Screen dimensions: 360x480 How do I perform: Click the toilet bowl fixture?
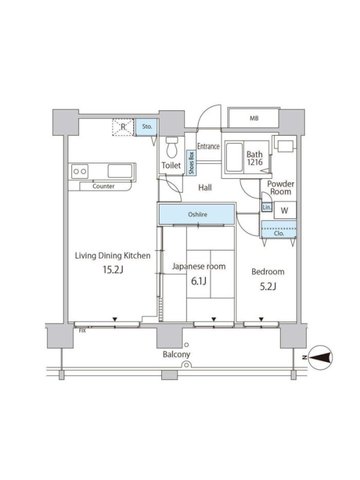point(172,148)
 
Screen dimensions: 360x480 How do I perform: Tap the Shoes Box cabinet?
point(191,163)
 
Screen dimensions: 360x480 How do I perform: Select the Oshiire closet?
point(197,214)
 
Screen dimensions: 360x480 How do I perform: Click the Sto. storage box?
point(146,127)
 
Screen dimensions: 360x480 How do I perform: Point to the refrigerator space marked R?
point(123,127)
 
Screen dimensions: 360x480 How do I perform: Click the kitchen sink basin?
point(120,171)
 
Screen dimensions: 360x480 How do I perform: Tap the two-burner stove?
point(80,171)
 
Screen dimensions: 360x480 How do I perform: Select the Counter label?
point(103,186)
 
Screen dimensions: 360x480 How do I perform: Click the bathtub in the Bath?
point(235,157)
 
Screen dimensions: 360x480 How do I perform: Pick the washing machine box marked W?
point(285,210)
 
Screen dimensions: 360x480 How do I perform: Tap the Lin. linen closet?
point(267,208)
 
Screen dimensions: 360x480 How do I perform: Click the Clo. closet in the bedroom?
point(278,229)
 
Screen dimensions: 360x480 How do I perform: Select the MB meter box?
point(254,118)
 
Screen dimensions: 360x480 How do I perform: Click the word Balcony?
point(176,355)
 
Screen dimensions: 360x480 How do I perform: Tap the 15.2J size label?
point(113,269)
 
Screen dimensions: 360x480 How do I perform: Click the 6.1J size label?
point(199,281)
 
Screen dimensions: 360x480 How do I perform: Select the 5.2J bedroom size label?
point(268,287)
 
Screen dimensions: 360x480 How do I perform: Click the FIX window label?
point(82,331)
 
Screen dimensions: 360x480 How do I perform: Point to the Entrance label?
point(208,146)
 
